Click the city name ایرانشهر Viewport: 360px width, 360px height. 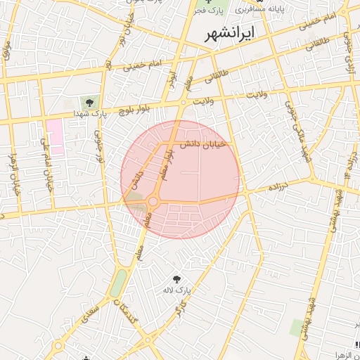pos(229,35)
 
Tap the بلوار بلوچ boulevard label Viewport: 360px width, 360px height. pos(135,109)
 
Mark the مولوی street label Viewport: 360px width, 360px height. pos(6,49)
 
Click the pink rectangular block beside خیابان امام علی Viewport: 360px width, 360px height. pos(54,137)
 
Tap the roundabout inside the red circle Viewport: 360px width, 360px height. pos(153,202)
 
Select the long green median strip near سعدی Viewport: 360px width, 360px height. pos(118,283)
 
